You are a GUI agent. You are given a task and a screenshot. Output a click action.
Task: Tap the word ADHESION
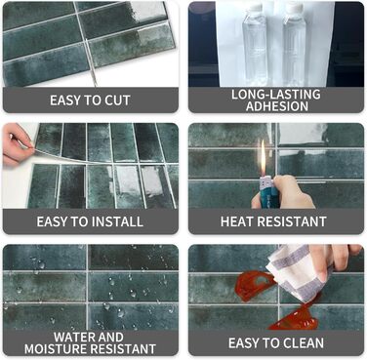pyautogui.click(x=277, y=106)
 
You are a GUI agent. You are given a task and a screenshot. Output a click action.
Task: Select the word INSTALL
pyautogui.click(x=117, y=221)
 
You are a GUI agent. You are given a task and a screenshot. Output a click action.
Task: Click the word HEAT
pyautogui.click(x=235, y=221)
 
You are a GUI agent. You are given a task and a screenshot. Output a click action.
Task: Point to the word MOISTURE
pyautogui.click(x=56, y=349)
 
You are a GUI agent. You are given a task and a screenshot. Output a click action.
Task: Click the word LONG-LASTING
pyautogui.click(x=276, y=95)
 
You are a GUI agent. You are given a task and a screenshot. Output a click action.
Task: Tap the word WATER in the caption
pyautogui.click(x=73, y=337)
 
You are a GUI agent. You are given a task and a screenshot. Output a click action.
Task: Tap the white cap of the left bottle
pyautogui.click(x=254, y=8)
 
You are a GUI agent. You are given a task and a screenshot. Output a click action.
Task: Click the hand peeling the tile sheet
pyautogui.click(x=17, y=145)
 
